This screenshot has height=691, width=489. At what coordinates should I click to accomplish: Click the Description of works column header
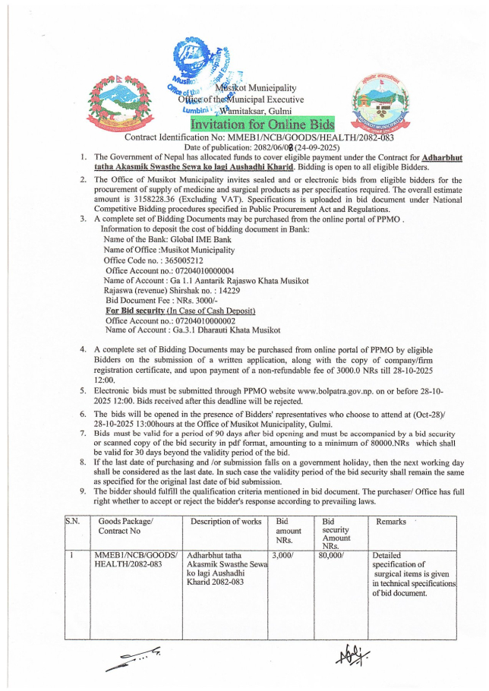[x=226, y=522]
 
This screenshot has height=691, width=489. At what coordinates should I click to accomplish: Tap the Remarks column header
[x=391, y=522]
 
